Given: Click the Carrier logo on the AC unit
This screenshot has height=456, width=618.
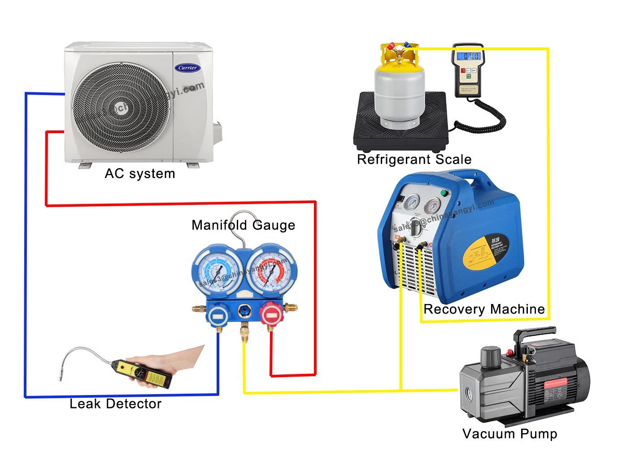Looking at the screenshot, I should pos(187,68).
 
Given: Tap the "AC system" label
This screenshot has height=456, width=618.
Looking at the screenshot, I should pos(139,174).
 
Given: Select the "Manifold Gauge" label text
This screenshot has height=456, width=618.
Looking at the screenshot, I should pos(243,225).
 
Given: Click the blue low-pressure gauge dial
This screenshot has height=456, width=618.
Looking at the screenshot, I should pos(218,272).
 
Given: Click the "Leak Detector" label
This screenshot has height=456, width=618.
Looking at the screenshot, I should pos(115,404).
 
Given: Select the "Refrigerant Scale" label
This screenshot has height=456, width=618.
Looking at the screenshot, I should pos(414,160).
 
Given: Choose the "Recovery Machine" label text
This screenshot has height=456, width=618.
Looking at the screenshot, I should pos(484,309).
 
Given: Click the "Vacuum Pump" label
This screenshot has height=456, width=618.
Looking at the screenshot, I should pos(509,434).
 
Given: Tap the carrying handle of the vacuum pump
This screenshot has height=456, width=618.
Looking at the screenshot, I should pos(536,334).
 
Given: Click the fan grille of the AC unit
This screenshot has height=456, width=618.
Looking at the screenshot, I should pos(121,108).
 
